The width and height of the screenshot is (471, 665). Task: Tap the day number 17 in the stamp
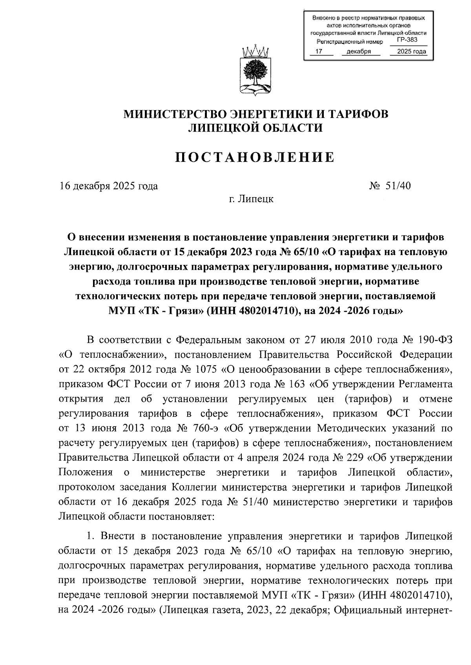click(x=319, y=52)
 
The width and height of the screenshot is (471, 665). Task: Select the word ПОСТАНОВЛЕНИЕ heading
click(x=255, y=157)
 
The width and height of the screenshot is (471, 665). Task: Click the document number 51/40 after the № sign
click(x=398, y=185)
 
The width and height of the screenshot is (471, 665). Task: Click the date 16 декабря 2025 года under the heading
click(x=109, y=186)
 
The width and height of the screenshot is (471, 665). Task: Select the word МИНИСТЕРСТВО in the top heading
click(x=174, y=114)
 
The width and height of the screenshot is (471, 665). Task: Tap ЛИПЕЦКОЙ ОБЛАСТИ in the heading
click(x=255, y=128)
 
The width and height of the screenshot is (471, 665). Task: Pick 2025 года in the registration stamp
click(x=411, y=52)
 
